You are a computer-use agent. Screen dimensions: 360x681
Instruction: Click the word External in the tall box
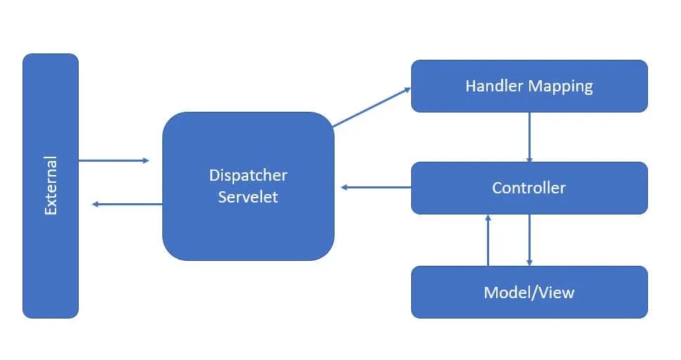[x=51, y=186]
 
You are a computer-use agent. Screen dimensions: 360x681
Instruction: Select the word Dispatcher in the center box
[x=248, y=175]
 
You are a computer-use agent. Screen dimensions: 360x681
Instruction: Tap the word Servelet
[x=248, y=197]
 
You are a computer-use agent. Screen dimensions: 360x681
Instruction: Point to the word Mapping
[x=561, y=86]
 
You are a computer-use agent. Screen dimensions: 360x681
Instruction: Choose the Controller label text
[x=528, y=188]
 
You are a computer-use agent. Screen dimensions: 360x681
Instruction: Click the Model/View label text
[x=528, y=292]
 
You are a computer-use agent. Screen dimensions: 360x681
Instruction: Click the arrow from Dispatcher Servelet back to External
[x=127, y=204]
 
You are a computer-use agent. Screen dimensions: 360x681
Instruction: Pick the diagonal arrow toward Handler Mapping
[x=372, y=108]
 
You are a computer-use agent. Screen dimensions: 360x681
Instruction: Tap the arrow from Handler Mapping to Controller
[x=529, y=136]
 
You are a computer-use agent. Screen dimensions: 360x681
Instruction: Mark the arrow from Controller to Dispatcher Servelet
[x=376, y=187]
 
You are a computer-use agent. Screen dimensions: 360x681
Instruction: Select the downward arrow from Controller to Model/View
[x=529, y=240]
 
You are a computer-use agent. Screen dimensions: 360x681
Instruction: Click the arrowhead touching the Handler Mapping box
[x=407, y=89]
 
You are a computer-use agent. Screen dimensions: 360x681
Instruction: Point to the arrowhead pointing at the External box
[x=96, y=204]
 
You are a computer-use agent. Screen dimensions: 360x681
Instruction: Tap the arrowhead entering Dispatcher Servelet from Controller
[x=344, y=187]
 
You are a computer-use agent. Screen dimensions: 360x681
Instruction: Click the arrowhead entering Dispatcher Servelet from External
[x=145, y=160]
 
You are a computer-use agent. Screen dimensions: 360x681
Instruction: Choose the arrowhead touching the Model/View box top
[x=529, y=262]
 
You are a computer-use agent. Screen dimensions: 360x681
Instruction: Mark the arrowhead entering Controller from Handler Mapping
[x=529, y=158]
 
